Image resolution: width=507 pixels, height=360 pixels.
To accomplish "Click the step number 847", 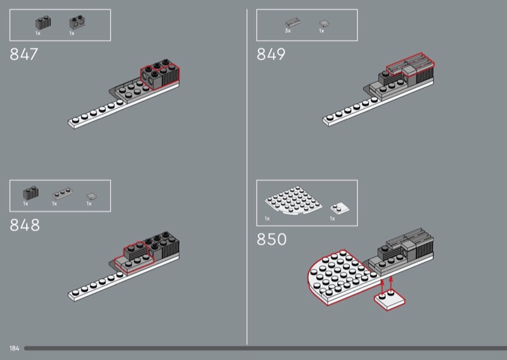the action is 24,55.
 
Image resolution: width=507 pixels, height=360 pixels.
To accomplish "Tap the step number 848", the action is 25,225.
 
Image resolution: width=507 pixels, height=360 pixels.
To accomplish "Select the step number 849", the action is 271,55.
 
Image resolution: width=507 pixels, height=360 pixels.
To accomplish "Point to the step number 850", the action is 272,240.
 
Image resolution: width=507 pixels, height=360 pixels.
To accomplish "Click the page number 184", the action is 15,349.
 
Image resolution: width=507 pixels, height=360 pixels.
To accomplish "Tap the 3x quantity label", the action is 288,30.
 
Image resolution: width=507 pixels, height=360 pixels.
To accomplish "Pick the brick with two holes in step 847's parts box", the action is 77,23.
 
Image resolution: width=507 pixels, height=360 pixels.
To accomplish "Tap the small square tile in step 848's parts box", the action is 91,196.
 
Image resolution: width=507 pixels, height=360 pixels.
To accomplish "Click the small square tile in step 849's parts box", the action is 323,23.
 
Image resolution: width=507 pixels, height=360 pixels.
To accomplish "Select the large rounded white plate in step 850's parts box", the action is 291,203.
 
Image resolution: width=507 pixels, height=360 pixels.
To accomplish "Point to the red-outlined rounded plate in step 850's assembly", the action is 339,276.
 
